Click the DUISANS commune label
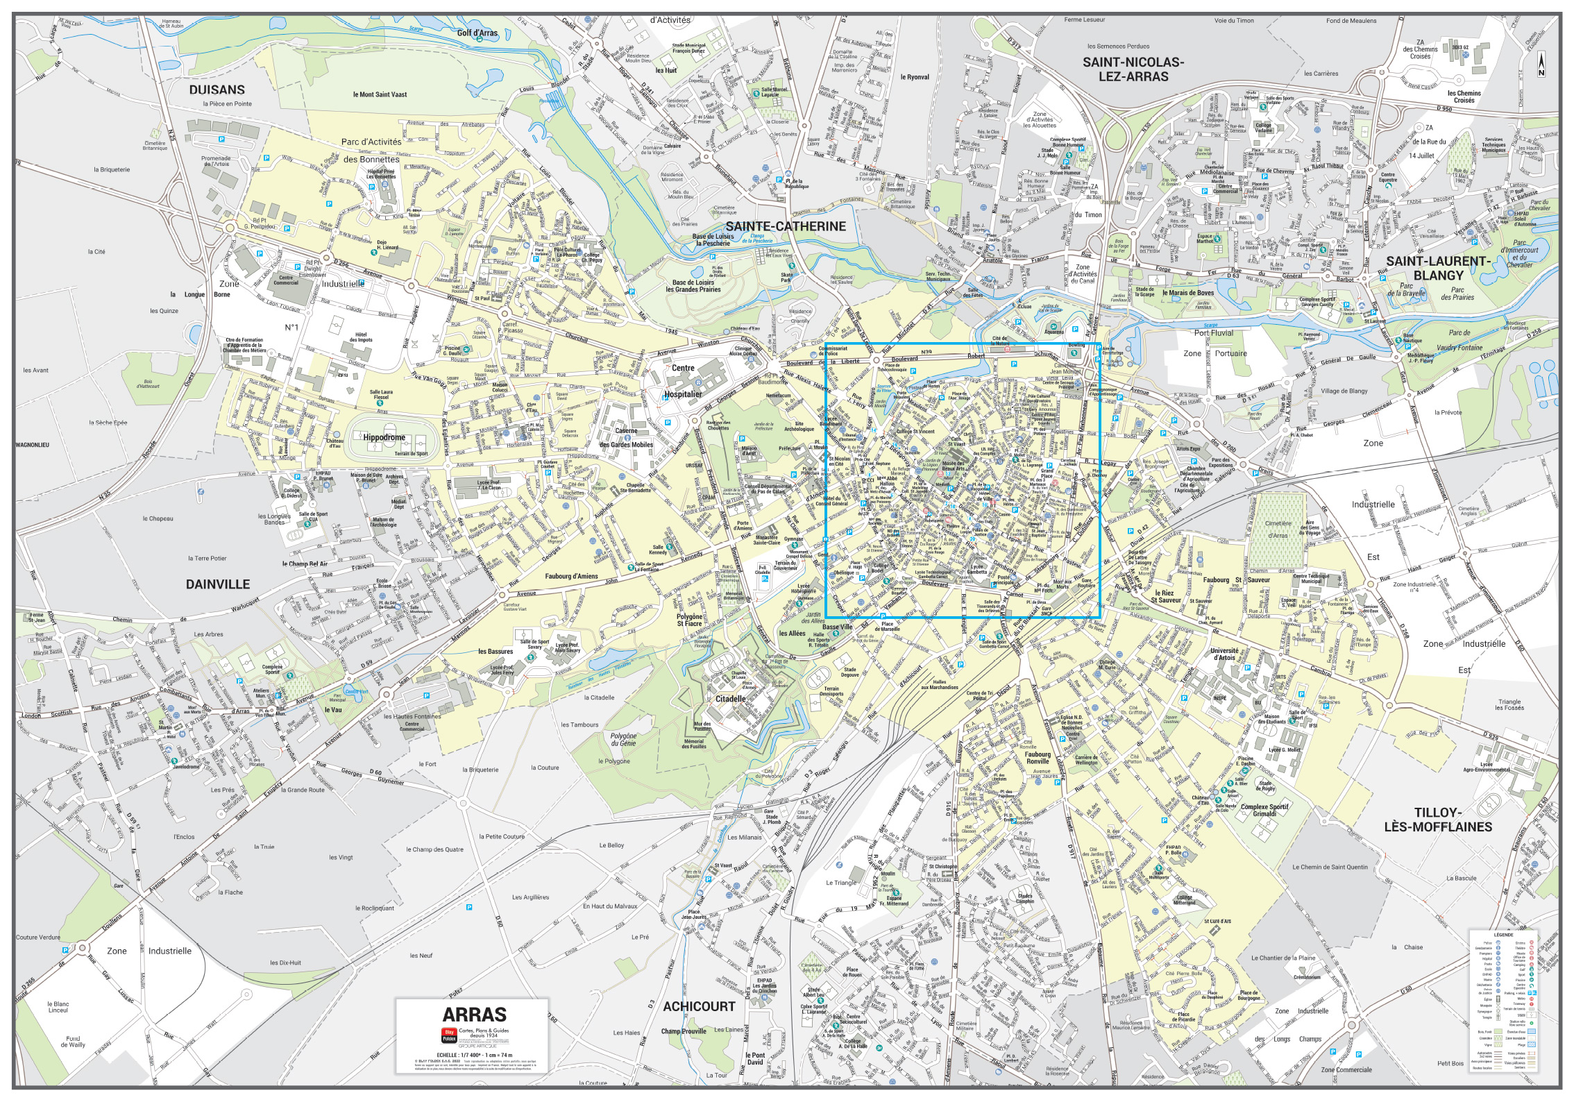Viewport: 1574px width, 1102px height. pos(217,90)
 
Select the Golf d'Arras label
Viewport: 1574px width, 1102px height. pos(477,33)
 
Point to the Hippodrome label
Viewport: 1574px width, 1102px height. pos(384,438)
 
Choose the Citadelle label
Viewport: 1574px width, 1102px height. pos(730,699)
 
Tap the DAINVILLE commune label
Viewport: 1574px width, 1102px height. pos(217,584)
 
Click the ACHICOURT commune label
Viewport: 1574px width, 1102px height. pos(698,1006)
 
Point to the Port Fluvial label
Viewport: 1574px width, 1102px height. pos(1213,332)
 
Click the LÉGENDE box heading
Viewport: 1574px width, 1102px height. pos(1503,935)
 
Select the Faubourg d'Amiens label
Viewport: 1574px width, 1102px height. pos(571,576)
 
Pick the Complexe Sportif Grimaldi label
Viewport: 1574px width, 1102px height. pos(1264,810)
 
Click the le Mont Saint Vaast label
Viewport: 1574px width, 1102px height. pos(380,94)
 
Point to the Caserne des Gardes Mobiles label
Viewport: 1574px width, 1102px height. pos(626,438)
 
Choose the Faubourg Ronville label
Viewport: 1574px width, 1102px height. pos(1038,757)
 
